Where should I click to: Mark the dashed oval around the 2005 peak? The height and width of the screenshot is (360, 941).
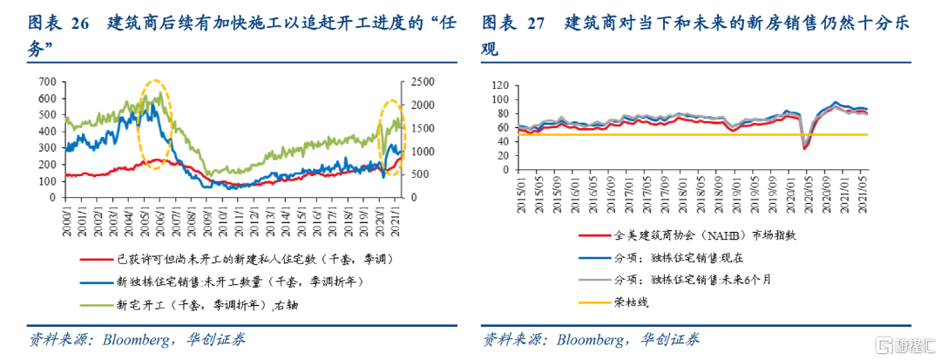(156, 124)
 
